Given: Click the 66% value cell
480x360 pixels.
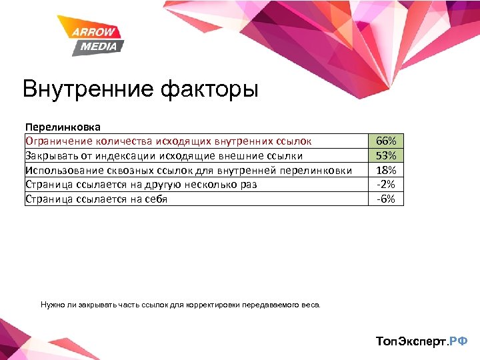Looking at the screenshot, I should click(x=386, y=141).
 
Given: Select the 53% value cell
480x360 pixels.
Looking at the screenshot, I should click(x=386, y=155).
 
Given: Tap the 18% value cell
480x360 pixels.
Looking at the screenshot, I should click(x=386, y=170).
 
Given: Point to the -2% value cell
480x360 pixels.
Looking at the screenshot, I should click(x=386, y=184).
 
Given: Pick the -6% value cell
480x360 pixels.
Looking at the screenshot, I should click(x=386, y=199).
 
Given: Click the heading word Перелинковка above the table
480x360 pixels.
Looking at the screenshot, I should click(x=63, y=126).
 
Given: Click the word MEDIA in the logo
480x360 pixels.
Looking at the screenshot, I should click(x=99, y=46).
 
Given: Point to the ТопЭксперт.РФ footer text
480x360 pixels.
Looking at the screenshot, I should click(x=422, y=341).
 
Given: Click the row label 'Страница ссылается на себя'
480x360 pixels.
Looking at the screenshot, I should click(x=96, y=199).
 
